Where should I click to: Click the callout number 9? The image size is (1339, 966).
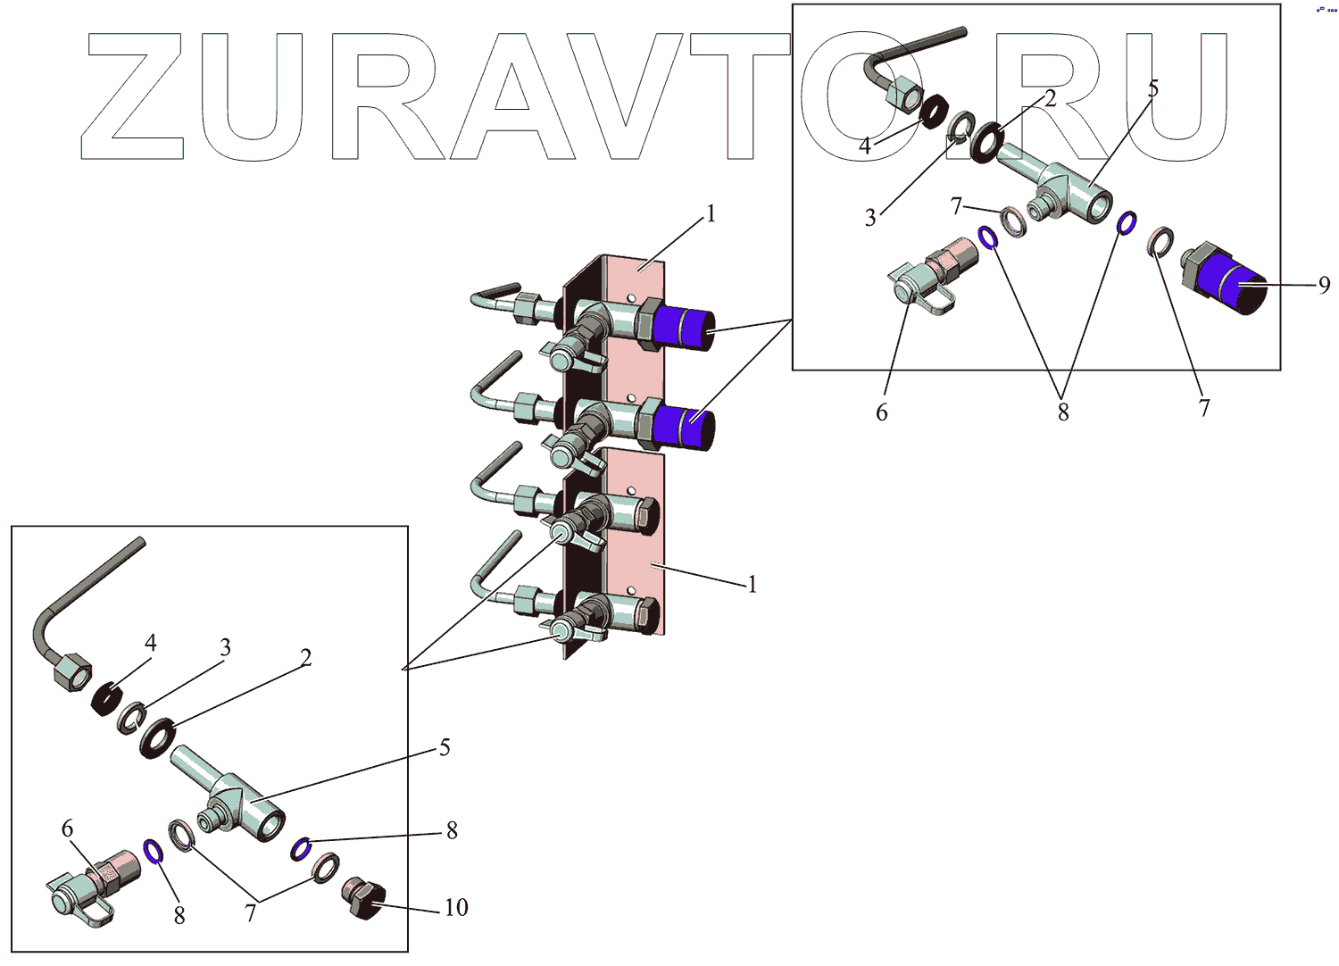click(x=1324, y=285)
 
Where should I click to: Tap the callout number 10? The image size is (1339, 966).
click(x=456, y=908)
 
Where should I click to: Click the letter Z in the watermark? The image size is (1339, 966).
click(x=134, y=96)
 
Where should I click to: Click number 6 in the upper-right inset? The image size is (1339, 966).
click(x=882, y=412)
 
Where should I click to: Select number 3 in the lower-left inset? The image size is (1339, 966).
click(x=226, y=647)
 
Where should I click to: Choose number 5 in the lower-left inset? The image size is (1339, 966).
click(x=445, y=747)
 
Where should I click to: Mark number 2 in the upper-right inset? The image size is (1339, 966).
click(x=1050, y=98)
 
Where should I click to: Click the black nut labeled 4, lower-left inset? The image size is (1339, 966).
click(x=106, y=699)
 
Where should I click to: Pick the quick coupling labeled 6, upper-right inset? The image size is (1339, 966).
click(x=928, y=277)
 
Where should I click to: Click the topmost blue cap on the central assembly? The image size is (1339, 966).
click(x=684, y=328)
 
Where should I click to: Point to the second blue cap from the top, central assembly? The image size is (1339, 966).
click(x=684, y=427)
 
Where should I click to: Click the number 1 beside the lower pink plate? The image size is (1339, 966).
click(x=752, y=585)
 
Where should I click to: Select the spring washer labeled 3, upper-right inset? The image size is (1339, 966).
click(x=961, y=127)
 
